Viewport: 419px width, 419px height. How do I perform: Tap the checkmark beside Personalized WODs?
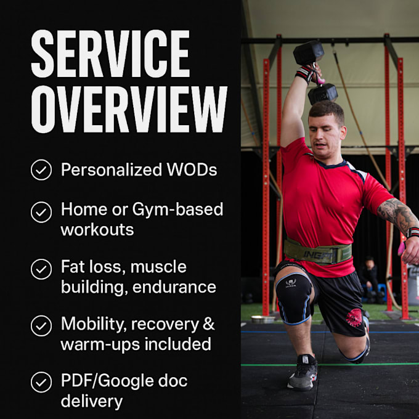(x=41, y=170)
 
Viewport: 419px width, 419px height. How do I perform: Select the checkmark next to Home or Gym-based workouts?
(x=41, y=212)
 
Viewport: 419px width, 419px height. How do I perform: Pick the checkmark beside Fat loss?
(x=41, y=269)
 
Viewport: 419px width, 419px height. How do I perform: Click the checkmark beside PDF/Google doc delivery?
(x=41, y=383)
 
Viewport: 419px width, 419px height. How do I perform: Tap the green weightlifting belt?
(x=317, y=251)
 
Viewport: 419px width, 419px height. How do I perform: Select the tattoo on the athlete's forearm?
(x=397, y=214)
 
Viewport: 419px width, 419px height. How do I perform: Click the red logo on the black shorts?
(x=355, y=318)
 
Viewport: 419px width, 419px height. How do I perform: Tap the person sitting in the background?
(x=370, y=277)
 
